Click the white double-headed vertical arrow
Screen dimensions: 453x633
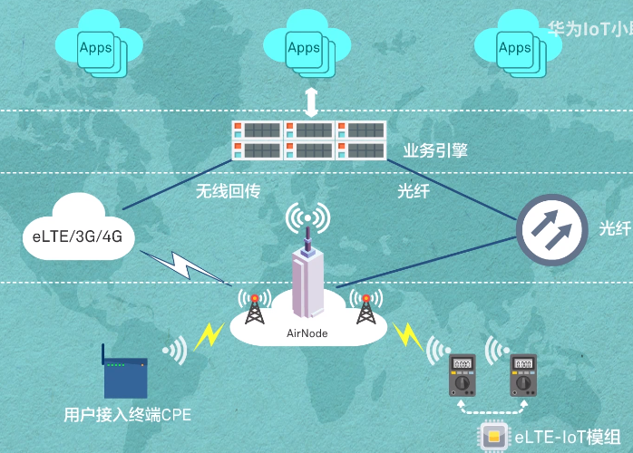point(311,101)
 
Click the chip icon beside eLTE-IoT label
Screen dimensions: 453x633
point(493,438)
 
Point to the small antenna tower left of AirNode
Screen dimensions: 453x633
point(255,308)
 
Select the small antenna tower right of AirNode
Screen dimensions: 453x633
point(365,308)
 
